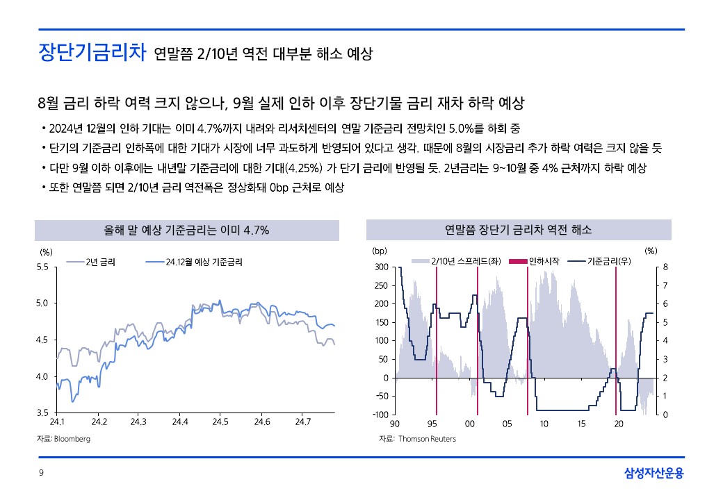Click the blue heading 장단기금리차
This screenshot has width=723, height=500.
click(x=91, y=53)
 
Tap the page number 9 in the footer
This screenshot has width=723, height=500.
click(x=41, y=473)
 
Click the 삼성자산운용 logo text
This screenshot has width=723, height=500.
click(x=654, y=473)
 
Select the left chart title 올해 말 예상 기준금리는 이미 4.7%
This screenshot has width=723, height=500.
click(x=186, y=230)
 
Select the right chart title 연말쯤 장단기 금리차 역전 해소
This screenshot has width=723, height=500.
click(x=518, y=230)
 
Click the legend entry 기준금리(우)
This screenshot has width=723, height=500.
click(x=609, y=262)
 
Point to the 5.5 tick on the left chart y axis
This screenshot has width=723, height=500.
click(x=43, y=267)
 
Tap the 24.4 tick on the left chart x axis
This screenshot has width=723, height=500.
click(x=180, y=422)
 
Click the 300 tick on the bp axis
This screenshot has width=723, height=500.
click(x=380, y=267)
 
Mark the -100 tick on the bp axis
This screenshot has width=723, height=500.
click(x=379, y=415)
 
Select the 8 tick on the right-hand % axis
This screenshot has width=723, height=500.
click(x=665, y=267)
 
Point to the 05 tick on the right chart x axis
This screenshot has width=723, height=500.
click(x=507, y=423)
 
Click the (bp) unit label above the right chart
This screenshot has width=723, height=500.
click(x=380, y=250)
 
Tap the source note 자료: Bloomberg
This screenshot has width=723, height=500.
click(x=63, y=439)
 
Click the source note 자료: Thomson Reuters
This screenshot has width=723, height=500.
click(x=417, y=439)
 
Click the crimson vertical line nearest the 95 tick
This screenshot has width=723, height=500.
click(x=436, y=340)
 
